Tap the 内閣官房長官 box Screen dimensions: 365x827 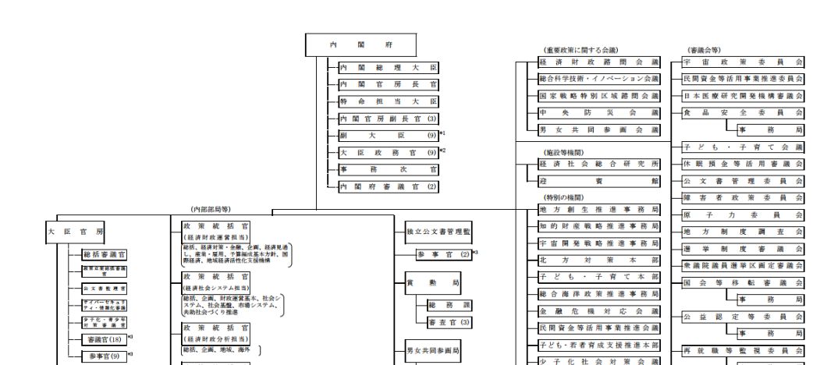click(388, 85)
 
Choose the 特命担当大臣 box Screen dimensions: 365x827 click(388, 102)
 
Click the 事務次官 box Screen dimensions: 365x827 click(388, 169)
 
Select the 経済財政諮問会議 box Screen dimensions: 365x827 click(599, 62)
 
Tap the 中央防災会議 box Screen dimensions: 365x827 click(599, 113)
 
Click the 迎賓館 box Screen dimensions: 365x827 click(599, 180)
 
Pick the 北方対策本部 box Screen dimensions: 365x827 click(599, 260)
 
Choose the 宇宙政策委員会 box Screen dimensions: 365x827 click(743, 62)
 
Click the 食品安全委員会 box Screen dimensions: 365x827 click(743, 113)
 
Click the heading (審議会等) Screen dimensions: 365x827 click(704, 49)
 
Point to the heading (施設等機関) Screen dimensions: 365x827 click(565, 152)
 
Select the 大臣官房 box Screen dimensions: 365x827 click(76, 231)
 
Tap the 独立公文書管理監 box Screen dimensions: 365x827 click(438, 232)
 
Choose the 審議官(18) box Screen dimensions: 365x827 click(105, 339)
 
